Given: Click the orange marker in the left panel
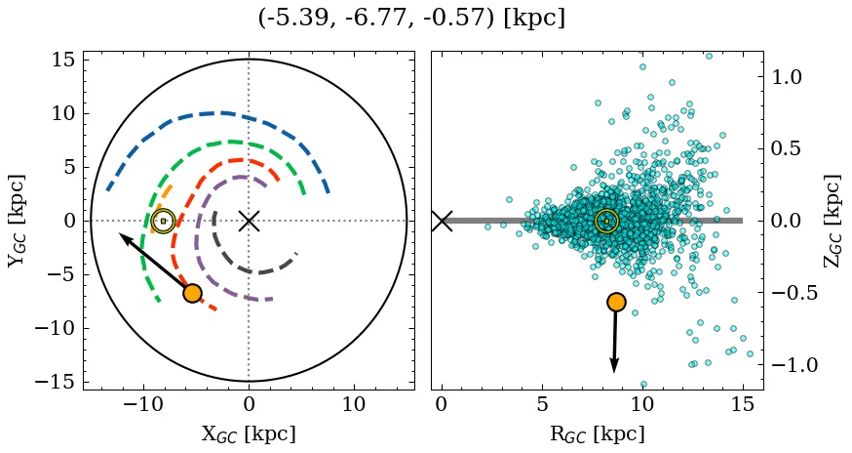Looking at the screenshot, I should coord(192,293).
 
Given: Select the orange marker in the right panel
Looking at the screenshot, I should coord(615,302).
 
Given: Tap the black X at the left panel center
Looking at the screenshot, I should coord(249,221).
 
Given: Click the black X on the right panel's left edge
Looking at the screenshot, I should coord(442,221).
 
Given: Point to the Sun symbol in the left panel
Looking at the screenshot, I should coord(163,221).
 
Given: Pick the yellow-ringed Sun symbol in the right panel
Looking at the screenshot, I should coord(606,221).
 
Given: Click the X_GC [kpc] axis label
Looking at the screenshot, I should coord(249,434).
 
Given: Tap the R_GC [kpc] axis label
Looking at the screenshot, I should coord(597,434).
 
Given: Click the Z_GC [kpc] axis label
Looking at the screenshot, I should coord(832,221).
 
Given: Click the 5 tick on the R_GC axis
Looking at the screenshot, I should coord(542,404).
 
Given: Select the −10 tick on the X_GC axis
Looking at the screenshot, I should coord(143,404).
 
